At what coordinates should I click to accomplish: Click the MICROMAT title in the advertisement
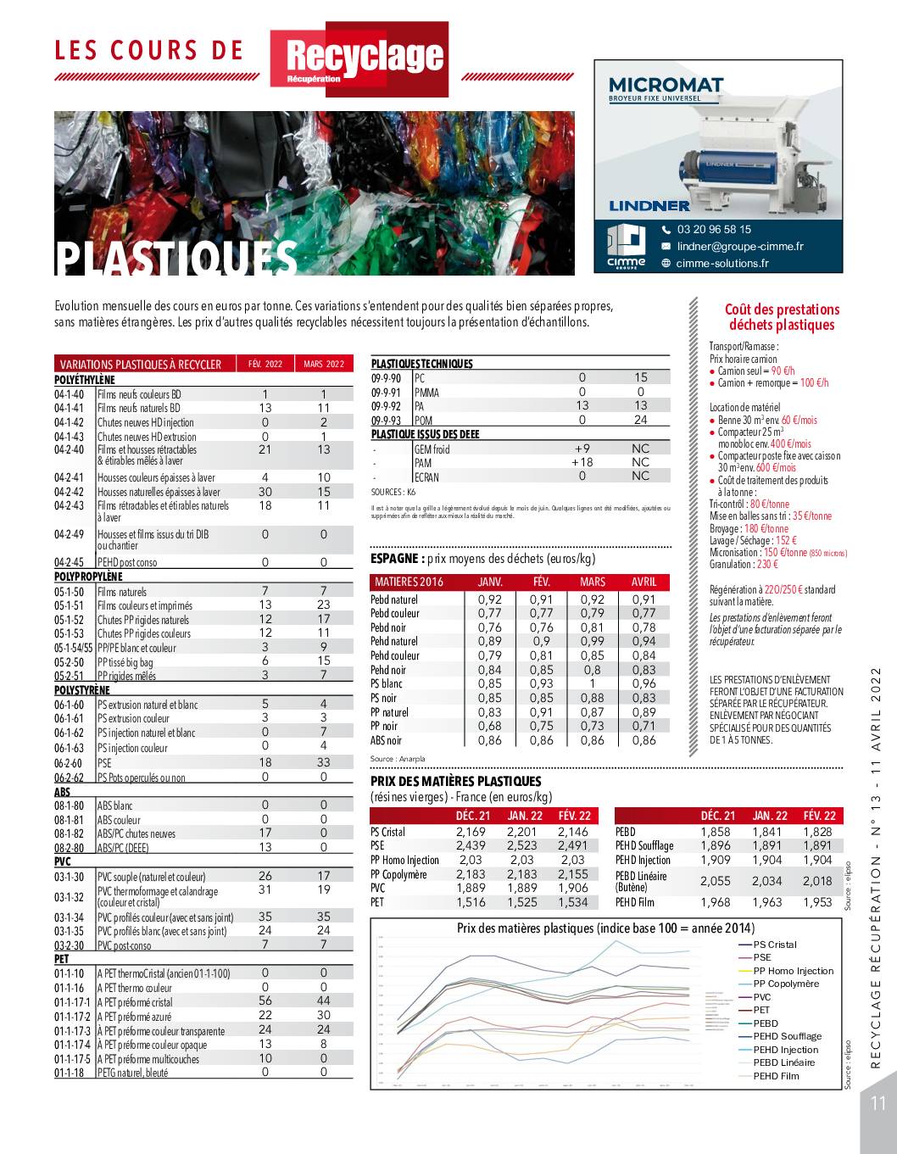coord(666,85)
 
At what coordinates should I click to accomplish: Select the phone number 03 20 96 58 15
coord(714,229)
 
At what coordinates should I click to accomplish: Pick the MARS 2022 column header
coord(324,365)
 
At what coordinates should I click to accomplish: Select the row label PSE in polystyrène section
coord(104,763)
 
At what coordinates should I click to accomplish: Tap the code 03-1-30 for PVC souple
coord(70,877)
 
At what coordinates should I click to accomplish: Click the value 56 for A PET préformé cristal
coord(265,1001)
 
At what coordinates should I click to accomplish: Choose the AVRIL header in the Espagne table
coord(643,583)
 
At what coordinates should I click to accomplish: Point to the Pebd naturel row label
coord(393,599)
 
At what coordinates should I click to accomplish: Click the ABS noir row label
coord(386,740)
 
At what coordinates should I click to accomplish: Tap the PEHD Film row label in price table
coord(635,902)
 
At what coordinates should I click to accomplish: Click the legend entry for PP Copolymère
coord(786,984)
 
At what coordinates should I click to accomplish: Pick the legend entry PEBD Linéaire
coord(783,1062)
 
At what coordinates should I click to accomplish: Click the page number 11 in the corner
coord(877,1103)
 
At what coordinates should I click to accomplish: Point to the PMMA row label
coord(426,392)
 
